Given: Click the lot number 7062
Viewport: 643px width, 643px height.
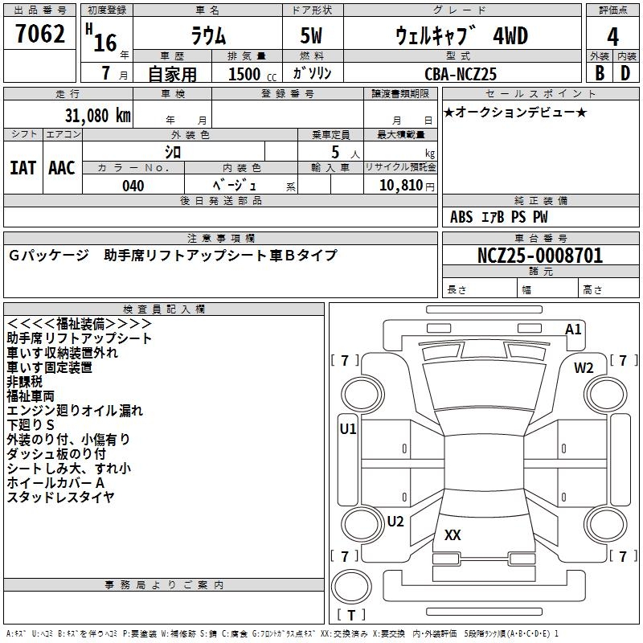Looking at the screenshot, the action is (x=40, y=36).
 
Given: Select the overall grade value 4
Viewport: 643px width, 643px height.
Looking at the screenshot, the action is (x=613, y=37).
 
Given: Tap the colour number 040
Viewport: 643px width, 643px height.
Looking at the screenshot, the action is (x=133, y=186).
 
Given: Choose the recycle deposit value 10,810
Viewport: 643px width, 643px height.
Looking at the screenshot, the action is (x=400, y=186).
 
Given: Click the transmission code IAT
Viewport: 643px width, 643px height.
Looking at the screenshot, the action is (x=23, y=168).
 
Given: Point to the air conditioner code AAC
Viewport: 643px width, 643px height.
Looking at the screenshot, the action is (x=62, y=168).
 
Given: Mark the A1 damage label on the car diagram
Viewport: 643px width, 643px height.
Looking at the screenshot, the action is (x=573, y=330).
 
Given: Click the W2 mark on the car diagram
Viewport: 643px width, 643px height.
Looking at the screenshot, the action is (x=584, y=368).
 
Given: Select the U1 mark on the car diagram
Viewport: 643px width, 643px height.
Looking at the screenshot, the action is (x=347, y=429).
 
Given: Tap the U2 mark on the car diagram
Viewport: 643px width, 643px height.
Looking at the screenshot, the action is (x=395, y=522).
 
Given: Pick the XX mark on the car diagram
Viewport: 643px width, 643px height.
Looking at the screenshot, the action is (x=453, y=536).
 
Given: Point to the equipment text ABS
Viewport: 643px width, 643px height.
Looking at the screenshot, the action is (x=461, y=217).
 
